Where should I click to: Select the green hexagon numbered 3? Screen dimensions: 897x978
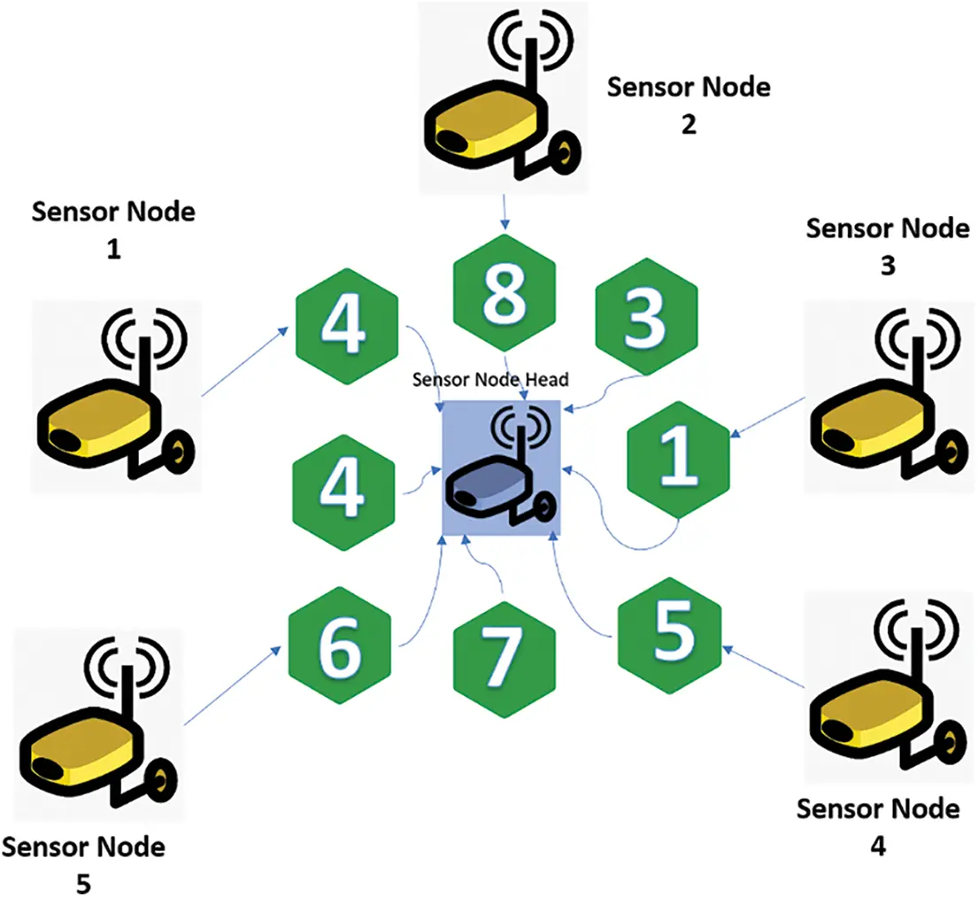[647, 319]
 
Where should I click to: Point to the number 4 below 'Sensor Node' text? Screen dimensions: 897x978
[877, 846]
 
